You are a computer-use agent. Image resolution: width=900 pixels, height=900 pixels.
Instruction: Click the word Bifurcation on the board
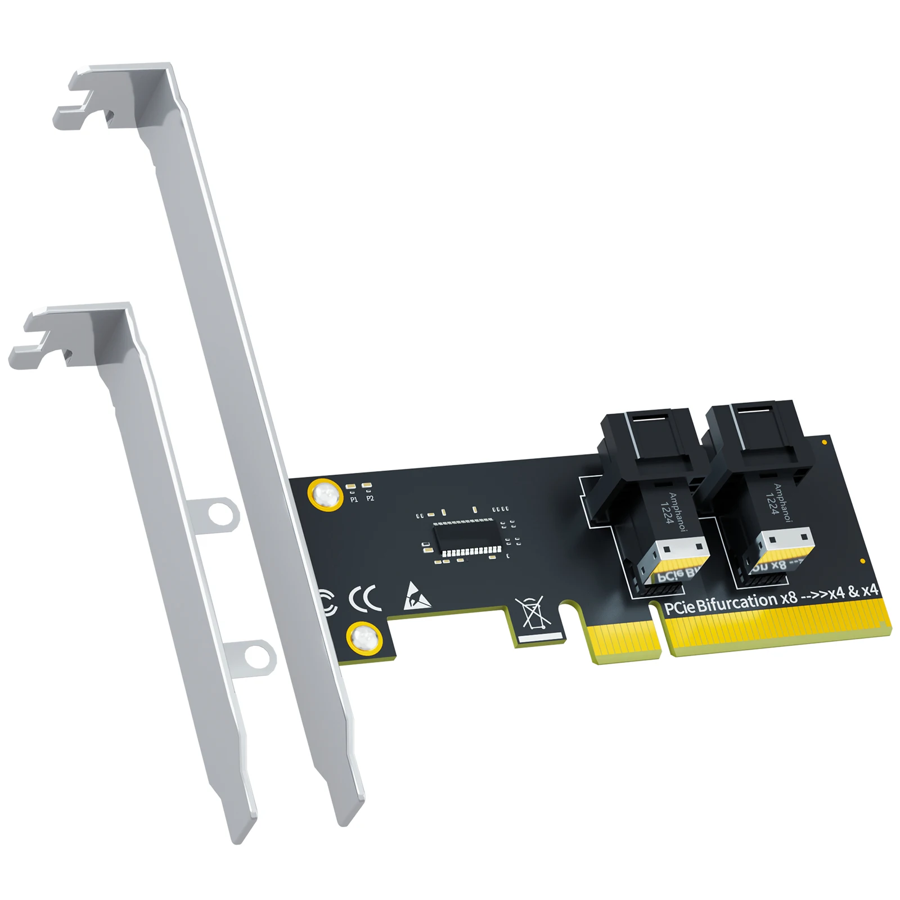click(x=737, y=602)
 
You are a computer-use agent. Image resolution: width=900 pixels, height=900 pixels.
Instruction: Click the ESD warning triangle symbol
click(x=416, y=597)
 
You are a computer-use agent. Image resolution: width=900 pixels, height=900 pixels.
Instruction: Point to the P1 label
click(x=354, y=499)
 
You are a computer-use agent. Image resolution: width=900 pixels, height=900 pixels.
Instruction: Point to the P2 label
click(x=370, y=498)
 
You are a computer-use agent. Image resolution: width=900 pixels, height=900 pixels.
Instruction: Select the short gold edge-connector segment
click(x=624, y=641)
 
